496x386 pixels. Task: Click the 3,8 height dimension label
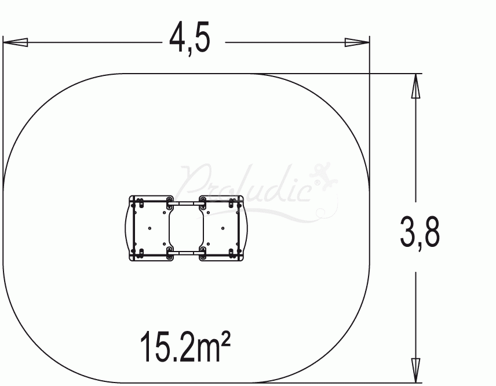(420, 232)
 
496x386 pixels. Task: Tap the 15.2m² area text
(185, 346)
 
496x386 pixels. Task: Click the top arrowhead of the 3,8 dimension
(415, 86)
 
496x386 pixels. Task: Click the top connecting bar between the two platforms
(186, 203)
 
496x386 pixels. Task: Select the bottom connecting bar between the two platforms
(186, 253)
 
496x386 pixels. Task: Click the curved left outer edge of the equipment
(126, 228)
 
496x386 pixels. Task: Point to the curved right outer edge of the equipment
(246, 228)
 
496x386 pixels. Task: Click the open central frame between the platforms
(186, 228)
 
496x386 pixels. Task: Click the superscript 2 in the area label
(226, 338)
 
